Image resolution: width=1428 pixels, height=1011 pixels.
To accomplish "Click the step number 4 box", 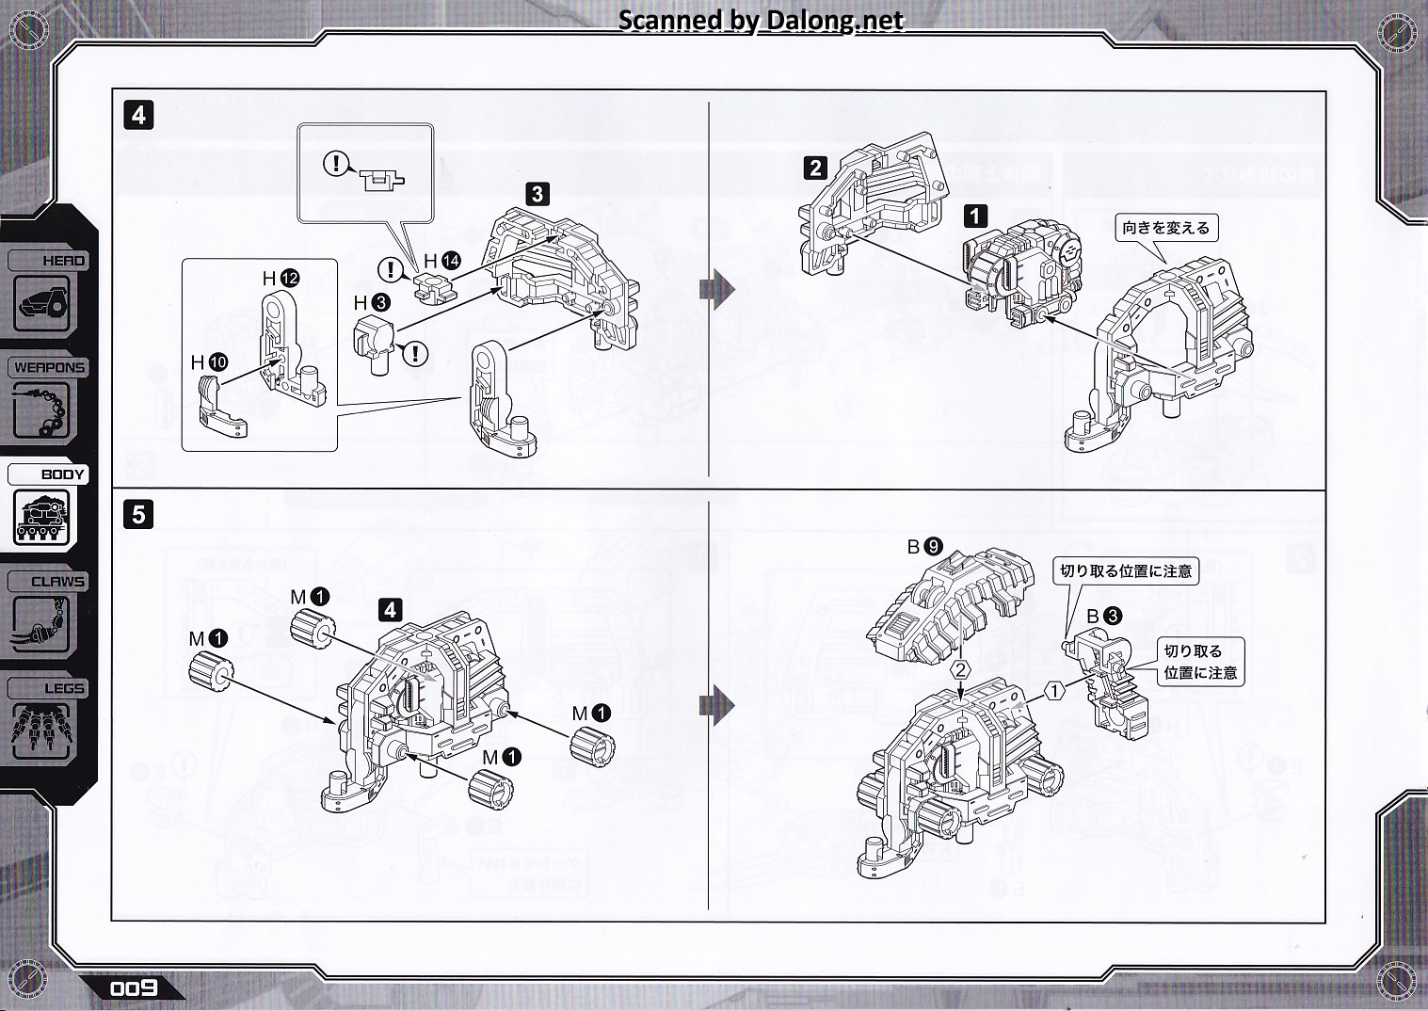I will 138,115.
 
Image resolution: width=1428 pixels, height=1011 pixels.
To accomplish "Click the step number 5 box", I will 138,515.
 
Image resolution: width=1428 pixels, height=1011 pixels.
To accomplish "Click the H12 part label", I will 281,279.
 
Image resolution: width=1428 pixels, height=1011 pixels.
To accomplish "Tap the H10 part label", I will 209,362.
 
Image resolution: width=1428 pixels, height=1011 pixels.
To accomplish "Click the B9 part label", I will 924,546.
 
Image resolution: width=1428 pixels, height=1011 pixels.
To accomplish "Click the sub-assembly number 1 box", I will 976,216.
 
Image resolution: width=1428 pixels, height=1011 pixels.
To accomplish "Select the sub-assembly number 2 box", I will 815,168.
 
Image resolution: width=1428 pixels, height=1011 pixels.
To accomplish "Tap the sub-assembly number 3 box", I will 537,194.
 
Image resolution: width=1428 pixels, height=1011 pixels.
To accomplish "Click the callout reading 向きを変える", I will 1165,228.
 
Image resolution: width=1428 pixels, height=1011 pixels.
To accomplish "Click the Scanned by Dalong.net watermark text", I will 761,20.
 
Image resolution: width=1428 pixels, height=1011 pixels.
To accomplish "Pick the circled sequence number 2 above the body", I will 960,670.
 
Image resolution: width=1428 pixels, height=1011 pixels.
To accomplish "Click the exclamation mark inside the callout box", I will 335,164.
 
